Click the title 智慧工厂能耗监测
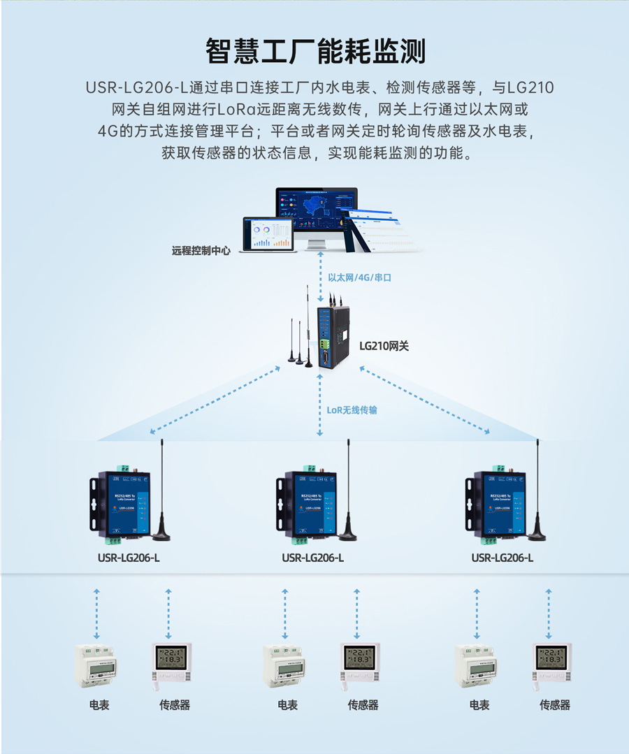pos(314,52)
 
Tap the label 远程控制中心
pos(201,250)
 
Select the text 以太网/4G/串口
pos(360,277)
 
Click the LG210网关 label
pos(384,345)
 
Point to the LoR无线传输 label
pos(352,410)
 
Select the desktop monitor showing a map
pos(317,210)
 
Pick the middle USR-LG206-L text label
pos(312,558)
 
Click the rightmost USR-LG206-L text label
pos(502,558)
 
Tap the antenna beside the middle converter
pos(348,489)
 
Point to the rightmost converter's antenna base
pos(537,535)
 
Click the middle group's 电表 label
pos(287,705)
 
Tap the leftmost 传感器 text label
pos(175,705)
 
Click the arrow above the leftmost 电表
pos(96,613)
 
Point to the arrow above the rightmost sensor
pos(549,613)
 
